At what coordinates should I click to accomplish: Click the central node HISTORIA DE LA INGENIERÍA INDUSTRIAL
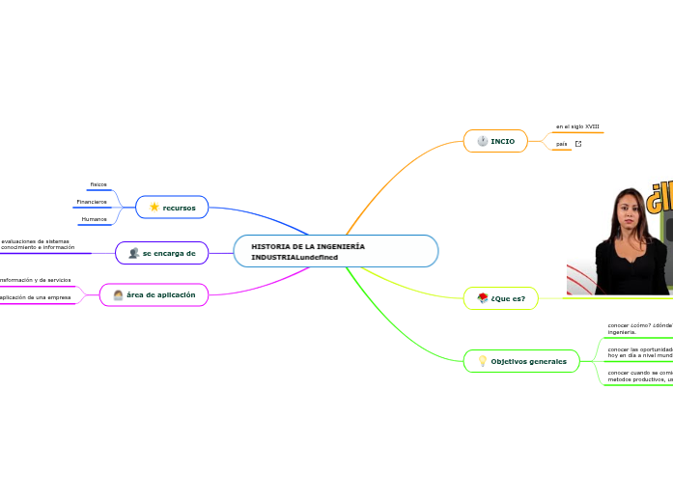point(335,251)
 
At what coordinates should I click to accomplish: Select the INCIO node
point(495,141)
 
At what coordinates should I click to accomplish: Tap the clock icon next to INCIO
point(482,141)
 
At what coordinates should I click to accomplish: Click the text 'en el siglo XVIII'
point(577,126)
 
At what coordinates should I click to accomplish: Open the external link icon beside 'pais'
point(578,144)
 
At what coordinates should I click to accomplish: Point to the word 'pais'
point(561,144)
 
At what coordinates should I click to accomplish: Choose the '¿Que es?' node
point(500,298)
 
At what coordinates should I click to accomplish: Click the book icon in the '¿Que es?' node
point(482,298)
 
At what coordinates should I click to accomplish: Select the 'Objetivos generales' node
point(521,361)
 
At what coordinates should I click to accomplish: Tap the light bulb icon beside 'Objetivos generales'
point(482,361)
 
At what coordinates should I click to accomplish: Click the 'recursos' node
point(172,208)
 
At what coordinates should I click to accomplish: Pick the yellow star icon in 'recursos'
point(154,207)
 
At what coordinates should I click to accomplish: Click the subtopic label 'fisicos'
point(98,183)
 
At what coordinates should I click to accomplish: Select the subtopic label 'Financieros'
point(92,202)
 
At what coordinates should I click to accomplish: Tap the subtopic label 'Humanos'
point(95,219)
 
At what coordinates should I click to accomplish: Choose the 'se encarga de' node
point(161,253)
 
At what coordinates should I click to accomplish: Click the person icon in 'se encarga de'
point(133,253)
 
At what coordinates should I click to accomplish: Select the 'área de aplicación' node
point(154,294)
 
